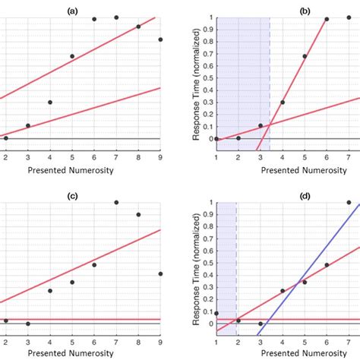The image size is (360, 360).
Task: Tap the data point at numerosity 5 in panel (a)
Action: point(72,56)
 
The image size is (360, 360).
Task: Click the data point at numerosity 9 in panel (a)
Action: point(160,39)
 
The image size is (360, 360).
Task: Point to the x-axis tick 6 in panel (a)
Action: point(94,156)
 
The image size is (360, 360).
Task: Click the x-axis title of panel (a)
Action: point(71,169)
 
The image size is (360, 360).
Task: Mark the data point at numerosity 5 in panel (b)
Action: point(305,56)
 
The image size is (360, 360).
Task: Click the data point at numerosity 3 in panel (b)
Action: point(261,125)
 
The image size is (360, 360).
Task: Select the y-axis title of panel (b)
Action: point(196,84)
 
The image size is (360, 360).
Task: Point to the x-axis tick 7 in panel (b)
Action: point(349,156)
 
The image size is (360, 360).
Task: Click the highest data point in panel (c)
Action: point(116,203)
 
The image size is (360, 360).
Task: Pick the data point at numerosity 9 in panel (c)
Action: point(160,273)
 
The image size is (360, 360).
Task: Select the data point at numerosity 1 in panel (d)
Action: point(216,313)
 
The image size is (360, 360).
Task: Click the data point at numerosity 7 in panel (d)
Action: point(349,203)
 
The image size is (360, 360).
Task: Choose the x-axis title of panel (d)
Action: point(283,353)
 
